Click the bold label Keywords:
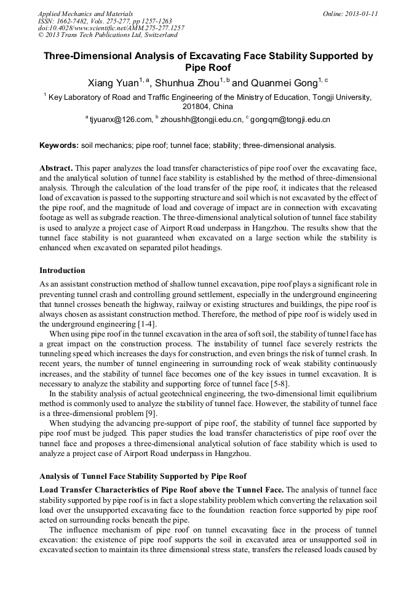pyautogui.click(x=59, y=145)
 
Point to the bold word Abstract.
pyautogui.click(x=56, y=168)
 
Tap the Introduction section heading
pyautogui.click(x=62, y=270)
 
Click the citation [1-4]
pyautogui.click(x=146, y=324)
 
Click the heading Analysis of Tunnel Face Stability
pyautogui.click(x=143, y=476)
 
